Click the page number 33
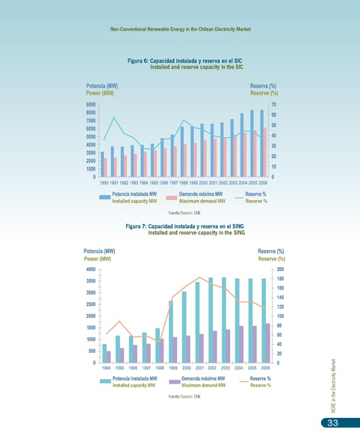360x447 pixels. click(x=329, y=425)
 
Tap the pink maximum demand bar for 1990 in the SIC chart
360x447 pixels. click(x=106, y=168)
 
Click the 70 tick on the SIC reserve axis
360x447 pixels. click(x=273, y=105)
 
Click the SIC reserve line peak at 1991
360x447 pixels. click(x=114, y=118)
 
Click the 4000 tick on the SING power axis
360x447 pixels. click(x=90, y=269)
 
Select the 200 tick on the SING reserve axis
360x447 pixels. click(x=280, y=269)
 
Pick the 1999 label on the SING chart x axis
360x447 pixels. click(x=173, y=368)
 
